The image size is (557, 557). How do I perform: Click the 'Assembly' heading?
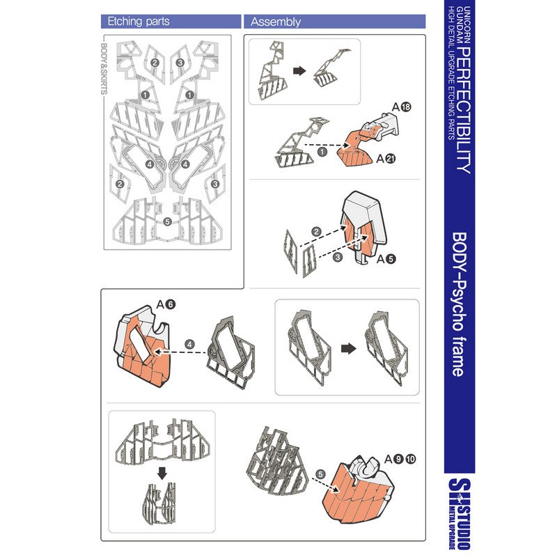click(x=276, y=22)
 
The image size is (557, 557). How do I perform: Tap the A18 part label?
click(x=401, y=107)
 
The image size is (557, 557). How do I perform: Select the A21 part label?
click(x=386, y=159)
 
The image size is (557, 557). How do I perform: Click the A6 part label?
click(x=166, y=304)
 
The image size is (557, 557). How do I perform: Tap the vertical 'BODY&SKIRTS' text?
click(x=104, y=70)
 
